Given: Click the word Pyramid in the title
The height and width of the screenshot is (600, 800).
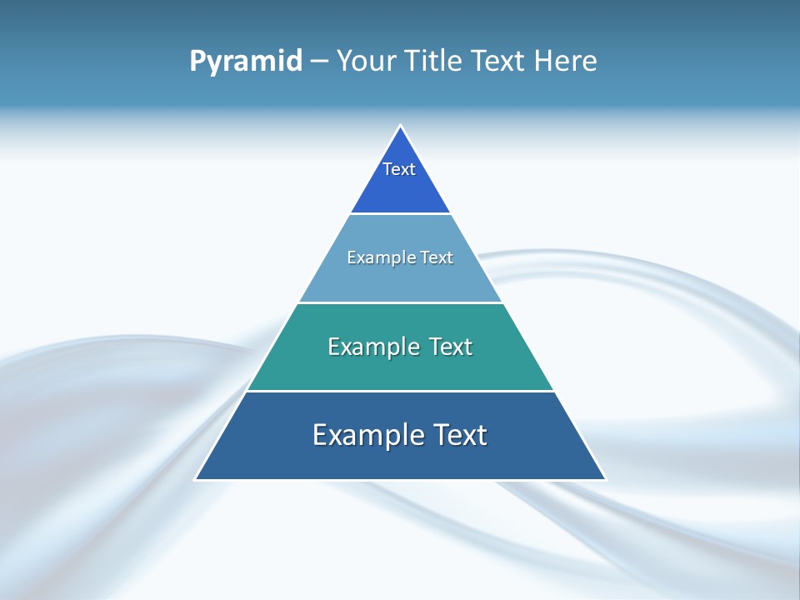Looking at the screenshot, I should click(x=246, y=61).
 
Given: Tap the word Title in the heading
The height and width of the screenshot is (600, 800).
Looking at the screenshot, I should click(x=434, y=61).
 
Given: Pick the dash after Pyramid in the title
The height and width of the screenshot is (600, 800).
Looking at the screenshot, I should click(x=318, y=62).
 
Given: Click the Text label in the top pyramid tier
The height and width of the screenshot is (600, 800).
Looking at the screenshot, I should click(x=399, y=169).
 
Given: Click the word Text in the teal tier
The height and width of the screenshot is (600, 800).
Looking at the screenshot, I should click(x=451, y=347).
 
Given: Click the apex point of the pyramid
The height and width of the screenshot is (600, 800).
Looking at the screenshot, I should click(x=401, y=127).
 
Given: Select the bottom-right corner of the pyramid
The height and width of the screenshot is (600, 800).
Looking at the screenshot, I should click(x=605, y=479).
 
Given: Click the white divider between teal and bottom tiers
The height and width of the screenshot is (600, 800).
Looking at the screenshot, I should click(x=400, y=391).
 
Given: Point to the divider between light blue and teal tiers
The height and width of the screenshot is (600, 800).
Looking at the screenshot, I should click(x=400, y=302).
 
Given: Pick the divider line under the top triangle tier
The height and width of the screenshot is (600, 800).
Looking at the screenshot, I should click(x=400, y=213).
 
